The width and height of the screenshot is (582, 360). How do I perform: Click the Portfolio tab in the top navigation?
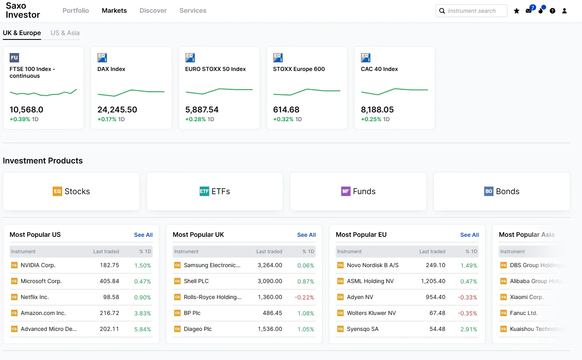point(75,10)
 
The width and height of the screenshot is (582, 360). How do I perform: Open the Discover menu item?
point(153,10)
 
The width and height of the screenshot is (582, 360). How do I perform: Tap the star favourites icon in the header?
point(517,11)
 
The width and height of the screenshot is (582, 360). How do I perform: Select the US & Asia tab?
point(65,33)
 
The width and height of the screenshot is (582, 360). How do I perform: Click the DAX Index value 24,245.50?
point(117,110)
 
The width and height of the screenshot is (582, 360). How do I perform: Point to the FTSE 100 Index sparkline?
point(43,92)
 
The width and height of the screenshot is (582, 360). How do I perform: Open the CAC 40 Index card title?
point(379,69)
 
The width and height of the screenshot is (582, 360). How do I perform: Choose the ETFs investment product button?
point(215,191)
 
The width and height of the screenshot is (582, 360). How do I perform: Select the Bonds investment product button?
point(501,191)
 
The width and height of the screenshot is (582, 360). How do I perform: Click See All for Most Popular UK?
point(306,235)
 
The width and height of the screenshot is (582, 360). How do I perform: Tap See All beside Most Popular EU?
point(469,235)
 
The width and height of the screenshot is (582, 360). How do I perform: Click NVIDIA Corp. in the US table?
point(38,265)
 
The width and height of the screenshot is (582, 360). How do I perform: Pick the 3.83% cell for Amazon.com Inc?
point(142,313)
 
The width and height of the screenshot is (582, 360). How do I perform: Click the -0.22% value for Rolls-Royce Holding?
point(304,297)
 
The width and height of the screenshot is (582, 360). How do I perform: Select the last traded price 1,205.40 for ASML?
point(433,281)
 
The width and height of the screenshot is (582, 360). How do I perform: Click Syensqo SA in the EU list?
point(362,329)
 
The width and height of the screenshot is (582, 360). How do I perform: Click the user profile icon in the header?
point(564,11)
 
